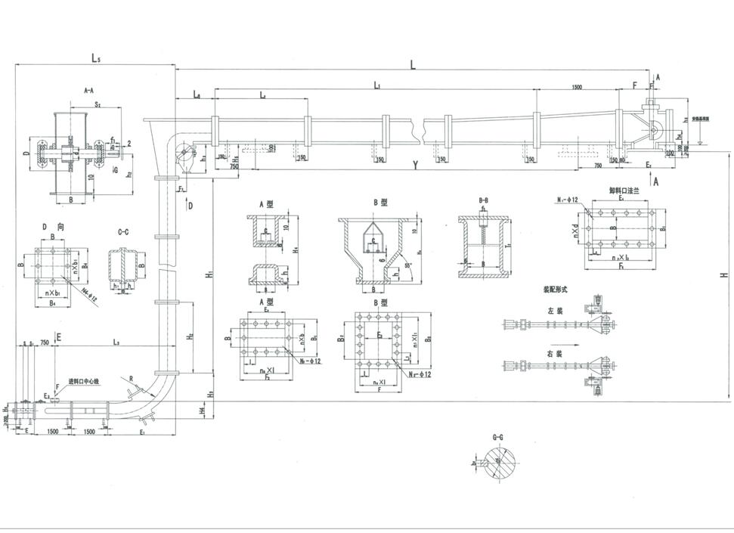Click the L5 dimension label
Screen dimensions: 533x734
[x=96, y=57]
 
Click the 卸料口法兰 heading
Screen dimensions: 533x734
[x=624, y=192]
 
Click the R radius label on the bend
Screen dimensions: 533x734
[x=131, y=378]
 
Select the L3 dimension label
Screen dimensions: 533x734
[x=115, y=343]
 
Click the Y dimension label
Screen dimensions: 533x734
[x=415, y=165]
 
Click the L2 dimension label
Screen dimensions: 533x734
[x=262, y=95]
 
